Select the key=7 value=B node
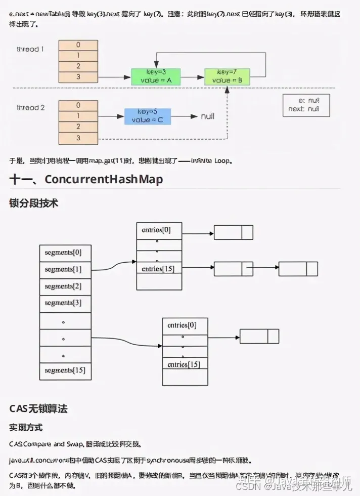pos(227,76)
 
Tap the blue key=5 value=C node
pos(147,116)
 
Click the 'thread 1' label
pos(30,49)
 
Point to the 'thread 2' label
pos(30,107)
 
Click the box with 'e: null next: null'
pos(306,105)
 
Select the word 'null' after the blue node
pos(208,116)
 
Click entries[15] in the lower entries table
pos(184,364)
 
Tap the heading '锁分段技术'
pos(34,203)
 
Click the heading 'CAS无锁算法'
pos(38,408)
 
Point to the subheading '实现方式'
pos(26,428)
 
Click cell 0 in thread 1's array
pos(78,45)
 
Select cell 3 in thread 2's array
pos(78,138)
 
